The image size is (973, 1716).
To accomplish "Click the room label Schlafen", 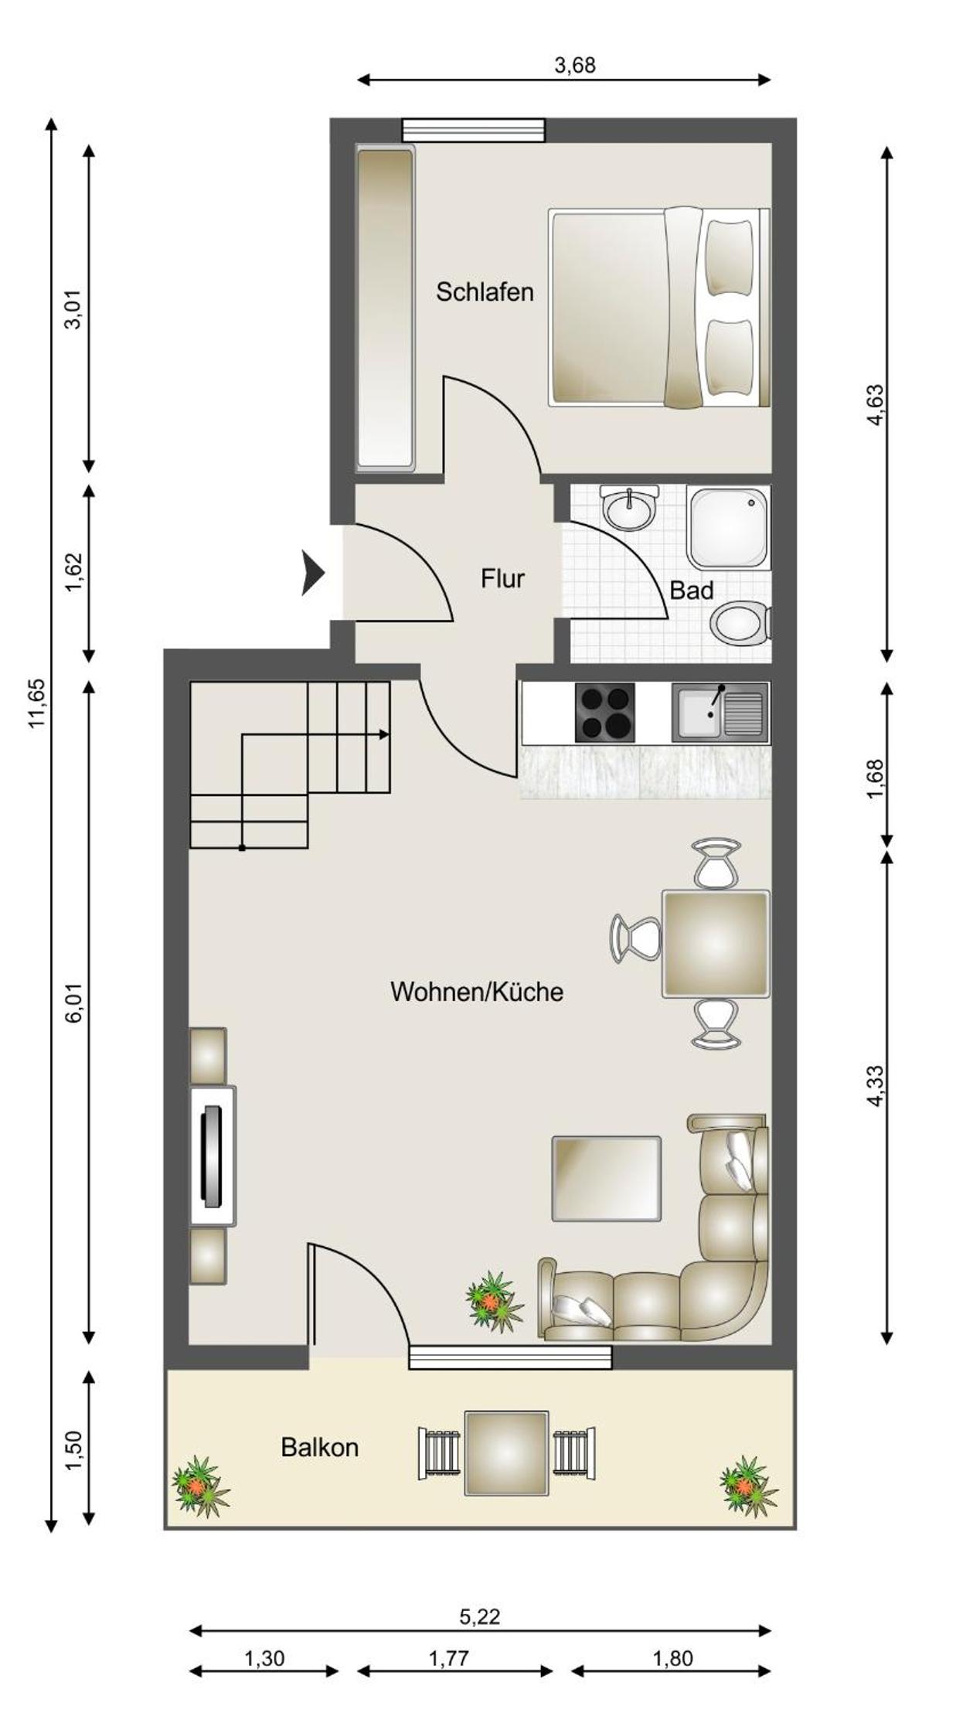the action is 485,292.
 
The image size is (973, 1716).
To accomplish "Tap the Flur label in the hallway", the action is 502,578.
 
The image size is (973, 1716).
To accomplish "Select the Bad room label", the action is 691,591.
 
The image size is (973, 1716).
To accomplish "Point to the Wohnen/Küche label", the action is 477,992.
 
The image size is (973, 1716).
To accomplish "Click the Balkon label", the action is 319,1447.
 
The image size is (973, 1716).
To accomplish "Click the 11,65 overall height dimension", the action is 37,703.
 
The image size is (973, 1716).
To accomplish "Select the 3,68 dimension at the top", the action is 575,66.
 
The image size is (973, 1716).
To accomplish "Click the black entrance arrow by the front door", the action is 312,574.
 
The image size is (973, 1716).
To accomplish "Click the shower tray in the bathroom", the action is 729,528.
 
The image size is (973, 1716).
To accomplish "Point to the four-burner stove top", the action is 605,712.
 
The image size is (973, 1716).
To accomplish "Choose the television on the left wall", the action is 212,1156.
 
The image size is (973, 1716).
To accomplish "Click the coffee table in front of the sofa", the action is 607,1179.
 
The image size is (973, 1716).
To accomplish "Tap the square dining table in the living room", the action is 716,944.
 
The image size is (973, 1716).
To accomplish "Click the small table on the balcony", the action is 507,1453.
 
